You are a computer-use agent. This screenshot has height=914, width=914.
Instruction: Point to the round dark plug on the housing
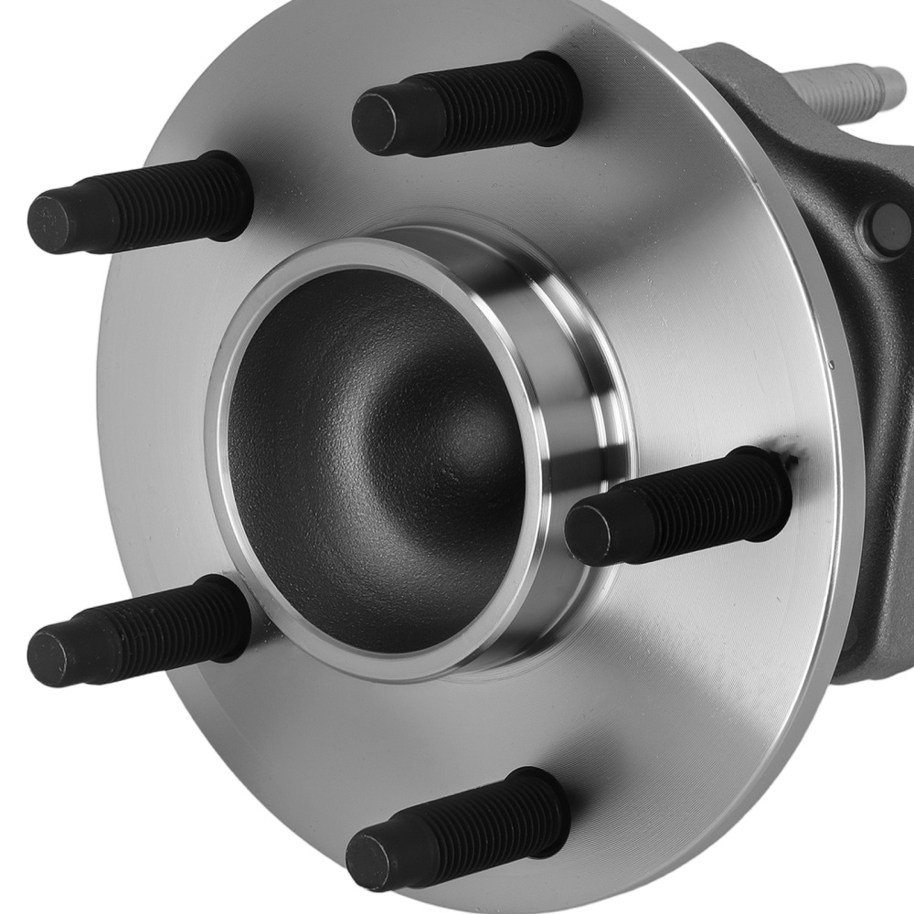[885, 224]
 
